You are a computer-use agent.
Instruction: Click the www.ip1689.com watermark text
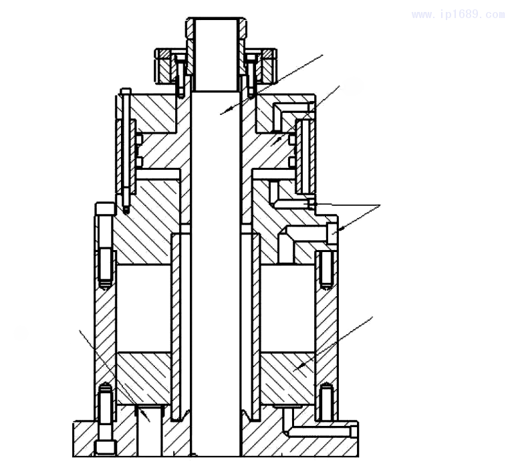pyautogui.click(x=459, y=15)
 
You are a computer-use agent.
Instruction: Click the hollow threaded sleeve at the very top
pyautogui.click(x=216, y=54)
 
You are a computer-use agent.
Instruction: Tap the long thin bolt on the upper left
pyautogui.click(x=126, y=150)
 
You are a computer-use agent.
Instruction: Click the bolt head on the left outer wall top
pyautogui.click(x=105, y=209)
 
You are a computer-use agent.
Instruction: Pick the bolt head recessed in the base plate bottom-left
pyautogui.click(x=106, y=448)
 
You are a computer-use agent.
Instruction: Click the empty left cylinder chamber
pyautogui.click(x=144, y=309)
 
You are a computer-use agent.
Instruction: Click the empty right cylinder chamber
pyautogui.click(x=287, y=309)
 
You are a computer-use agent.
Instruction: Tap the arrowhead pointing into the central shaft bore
pyautogui.click(x=225, y=112)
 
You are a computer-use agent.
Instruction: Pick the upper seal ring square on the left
pyautogui.click(x=139, y=140)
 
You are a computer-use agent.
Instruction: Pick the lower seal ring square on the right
pyautogui.click(x=292, y=162)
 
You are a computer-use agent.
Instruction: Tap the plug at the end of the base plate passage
pyautogui.click(x=354, y=431)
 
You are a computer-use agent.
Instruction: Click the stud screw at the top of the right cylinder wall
pyautogui.click(x=326, y=270)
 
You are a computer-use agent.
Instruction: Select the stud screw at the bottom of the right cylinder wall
pyautogui.click(x=326, y=402)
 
